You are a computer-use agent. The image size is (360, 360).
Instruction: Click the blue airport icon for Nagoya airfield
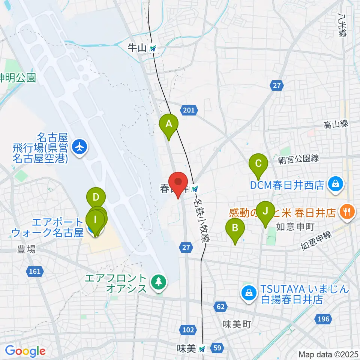79,147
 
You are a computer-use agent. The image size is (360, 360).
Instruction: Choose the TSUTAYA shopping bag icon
248,294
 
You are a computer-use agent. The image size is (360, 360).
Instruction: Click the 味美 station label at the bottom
186,349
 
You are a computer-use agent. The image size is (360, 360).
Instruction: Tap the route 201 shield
189,110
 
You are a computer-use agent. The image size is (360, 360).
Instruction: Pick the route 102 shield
189,330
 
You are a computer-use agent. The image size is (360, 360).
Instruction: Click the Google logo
25,351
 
